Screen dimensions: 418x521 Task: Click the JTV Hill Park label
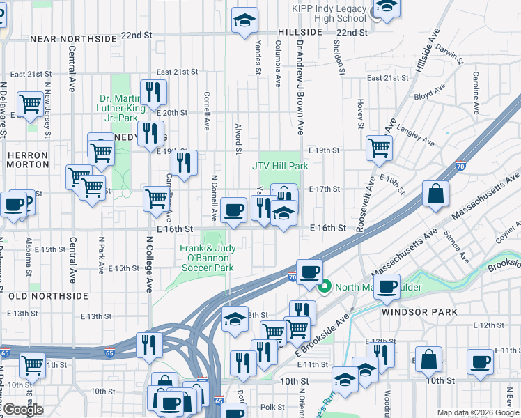pyautogui.click(x=280, y=167)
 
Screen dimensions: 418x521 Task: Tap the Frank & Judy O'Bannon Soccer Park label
pyautogui.click(x=206, y=258)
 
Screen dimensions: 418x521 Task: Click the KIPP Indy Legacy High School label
pyautogui.click(x=329, y=13)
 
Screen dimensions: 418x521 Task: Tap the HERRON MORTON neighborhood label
pyautogui.click(x=27, y=160)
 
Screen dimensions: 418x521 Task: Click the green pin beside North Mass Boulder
pyautogui.click(x=324, y=286)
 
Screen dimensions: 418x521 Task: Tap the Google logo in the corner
pyautogui.click(x=24, y=410)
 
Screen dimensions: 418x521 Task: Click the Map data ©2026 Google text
pyautogui.click(x=478, y=412)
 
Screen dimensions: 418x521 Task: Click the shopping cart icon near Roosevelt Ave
pyautogui.click(x=379, y=147)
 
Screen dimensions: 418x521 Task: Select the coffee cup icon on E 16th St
pyautogui.click(x=234, y=210)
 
